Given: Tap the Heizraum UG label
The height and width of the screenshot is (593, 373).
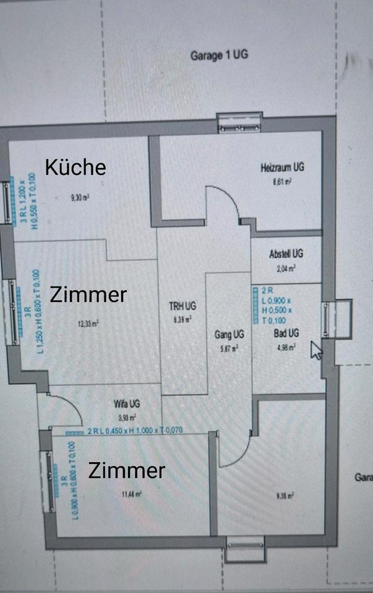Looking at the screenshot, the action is [x=282, y=167].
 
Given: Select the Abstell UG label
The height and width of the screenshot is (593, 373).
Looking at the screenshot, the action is [x=286, y=254].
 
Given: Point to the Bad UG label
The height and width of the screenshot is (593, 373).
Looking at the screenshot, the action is [x=286, y=334].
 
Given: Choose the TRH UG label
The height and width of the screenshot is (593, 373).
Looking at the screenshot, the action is [x=182, y=306].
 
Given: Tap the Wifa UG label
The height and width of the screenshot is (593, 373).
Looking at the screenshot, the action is [x=127, y=404].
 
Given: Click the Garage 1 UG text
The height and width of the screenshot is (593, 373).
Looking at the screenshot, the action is [x=219, y=55].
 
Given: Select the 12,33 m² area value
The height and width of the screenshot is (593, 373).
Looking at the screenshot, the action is [x=87, y=322].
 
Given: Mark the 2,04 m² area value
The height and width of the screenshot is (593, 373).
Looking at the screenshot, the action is [x=286, y=268].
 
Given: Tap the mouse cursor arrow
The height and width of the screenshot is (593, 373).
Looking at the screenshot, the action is [x=316, y=350].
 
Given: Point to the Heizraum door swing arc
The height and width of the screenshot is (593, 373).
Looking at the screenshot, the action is [x=224, y=204].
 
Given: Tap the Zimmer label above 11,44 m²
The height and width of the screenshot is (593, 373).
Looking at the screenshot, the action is [x=127, y=471].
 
